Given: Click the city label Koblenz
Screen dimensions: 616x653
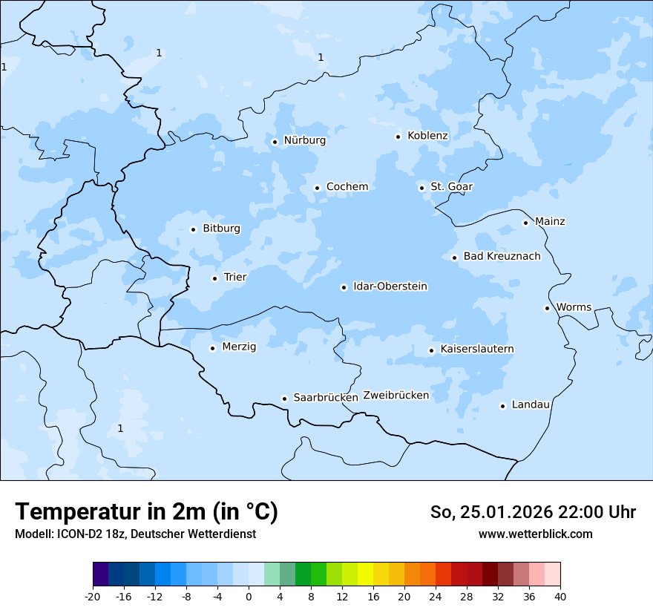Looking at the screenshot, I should click(x=427, y=136).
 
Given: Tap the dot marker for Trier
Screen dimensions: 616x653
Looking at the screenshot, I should click(x=214, y=278).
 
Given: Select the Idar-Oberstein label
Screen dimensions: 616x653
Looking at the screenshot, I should click(x=390, y=286).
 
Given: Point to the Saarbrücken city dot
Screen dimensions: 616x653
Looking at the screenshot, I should click(x=284, y=399).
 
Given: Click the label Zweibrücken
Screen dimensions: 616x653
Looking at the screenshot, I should click(x=396, y=396).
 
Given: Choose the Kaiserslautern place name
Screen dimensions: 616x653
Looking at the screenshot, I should click(x=477, y=349).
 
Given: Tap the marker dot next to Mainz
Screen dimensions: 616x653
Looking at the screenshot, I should click(x=525, y=223).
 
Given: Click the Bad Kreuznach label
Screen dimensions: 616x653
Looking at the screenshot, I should click(x=502, y=256).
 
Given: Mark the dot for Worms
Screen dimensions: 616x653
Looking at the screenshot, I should click(x=547, y=308).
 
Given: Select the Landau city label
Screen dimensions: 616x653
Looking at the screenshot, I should click(x=531, y=404).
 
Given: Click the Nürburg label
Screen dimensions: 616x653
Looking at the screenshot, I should click(x=304, y=140).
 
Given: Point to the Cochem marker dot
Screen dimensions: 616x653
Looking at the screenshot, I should click(x=317, y=188).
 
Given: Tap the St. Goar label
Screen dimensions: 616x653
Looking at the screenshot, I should click(x=451, y=186).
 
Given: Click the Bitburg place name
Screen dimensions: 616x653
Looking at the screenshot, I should click(x=221, y=229).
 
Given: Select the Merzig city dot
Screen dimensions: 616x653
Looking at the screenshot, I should click(x=212, y=348).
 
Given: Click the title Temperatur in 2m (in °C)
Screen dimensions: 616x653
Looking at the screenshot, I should click(x=146, y=511).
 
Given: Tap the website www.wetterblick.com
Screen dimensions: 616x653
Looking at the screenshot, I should click(x=535, y=534).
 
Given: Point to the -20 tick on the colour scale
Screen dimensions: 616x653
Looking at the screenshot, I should click(x=93, y=597).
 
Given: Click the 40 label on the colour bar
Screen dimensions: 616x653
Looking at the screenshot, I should click(x=560, y=597).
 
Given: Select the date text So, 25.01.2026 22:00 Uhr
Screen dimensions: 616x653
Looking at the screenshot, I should click(x=533, y=512).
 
